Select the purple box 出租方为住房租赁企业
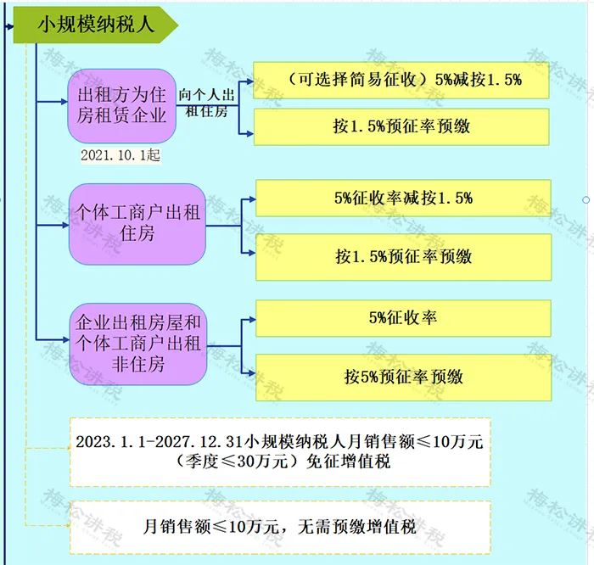pyautogui.click(x=122, y=105)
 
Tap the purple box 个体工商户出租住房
pyautogui.click(x=137, y=222)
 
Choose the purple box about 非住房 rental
pyautogui.click(x=137, y=344)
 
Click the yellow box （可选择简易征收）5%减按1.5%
pyautogui.click(x=403, y=81)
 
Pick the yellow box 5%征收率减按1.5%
pyautogui.click(x=403, y=198)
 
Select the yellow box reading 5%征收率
pyautogui.click(x=403, y=318)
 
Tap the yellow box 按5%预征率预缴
pyautogui.click(x=403, y=377)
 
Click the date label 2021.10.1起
pyautogui.click(x=120, y=155)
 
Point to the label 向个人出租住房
pyautogui.click(x=205, y=103)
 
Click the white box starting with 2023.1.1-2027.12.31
pyautogui.click(x=279, y=451)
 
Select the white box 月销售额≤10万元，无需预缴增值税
pyautogui.click(x=279, y=527)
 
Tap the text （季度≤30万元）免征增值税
pyautogui.click(x=279, y=463)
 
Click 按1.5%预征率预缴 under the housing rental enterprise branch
pyautogui.click(x=403, y=127)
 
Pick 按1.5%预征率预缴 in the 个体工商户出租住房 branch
pyautogui.click(x=403, y=256)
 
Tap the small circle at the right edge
pyautogui.click(x=586, y=200)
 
